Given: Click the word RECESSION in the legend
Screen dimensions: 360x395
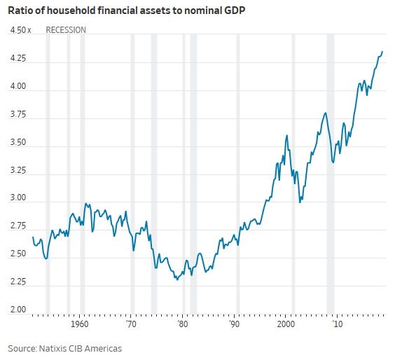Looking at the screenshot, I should point(66,30).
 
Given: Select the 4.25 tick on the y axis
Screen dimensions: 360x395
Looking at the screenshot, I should point(18,59).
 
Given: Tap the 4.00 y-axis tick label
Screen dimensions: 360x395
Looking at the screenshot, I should point(18,87).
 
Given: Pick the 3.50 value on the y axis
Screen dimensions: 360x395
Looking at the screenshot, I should point(18,142).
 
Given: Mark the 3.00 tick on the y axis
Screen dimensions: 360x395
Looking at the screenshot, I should point(18,198).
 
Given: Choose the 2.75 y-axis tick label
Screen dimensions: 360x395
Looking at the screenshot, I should point(18,226).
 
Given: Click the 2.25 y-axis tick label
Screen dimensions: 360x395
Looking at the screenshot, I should point(18,282).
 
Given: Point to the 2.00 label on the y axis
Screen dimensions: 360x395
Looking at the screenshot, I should point(18,310).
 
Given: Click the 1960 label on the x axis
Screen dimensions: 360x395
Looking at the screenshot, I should point(79,326).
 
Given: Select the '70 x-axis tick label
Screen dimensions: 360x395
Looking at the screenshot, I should point(131,326).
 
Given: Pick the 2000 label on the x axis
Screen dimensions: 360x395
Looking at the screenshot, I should point(285,326).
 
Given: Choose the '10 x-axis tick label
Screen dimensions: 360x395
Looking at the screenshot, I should point(337,326).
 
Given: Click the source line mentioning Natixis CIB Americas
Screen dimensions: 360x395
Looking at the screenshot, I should point(65,348).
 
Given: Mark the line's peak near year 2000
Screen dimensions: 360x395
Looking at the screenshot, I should point(287,135).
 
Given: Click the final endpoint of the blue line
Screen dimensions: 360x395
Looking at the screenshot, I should point(382,51).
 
